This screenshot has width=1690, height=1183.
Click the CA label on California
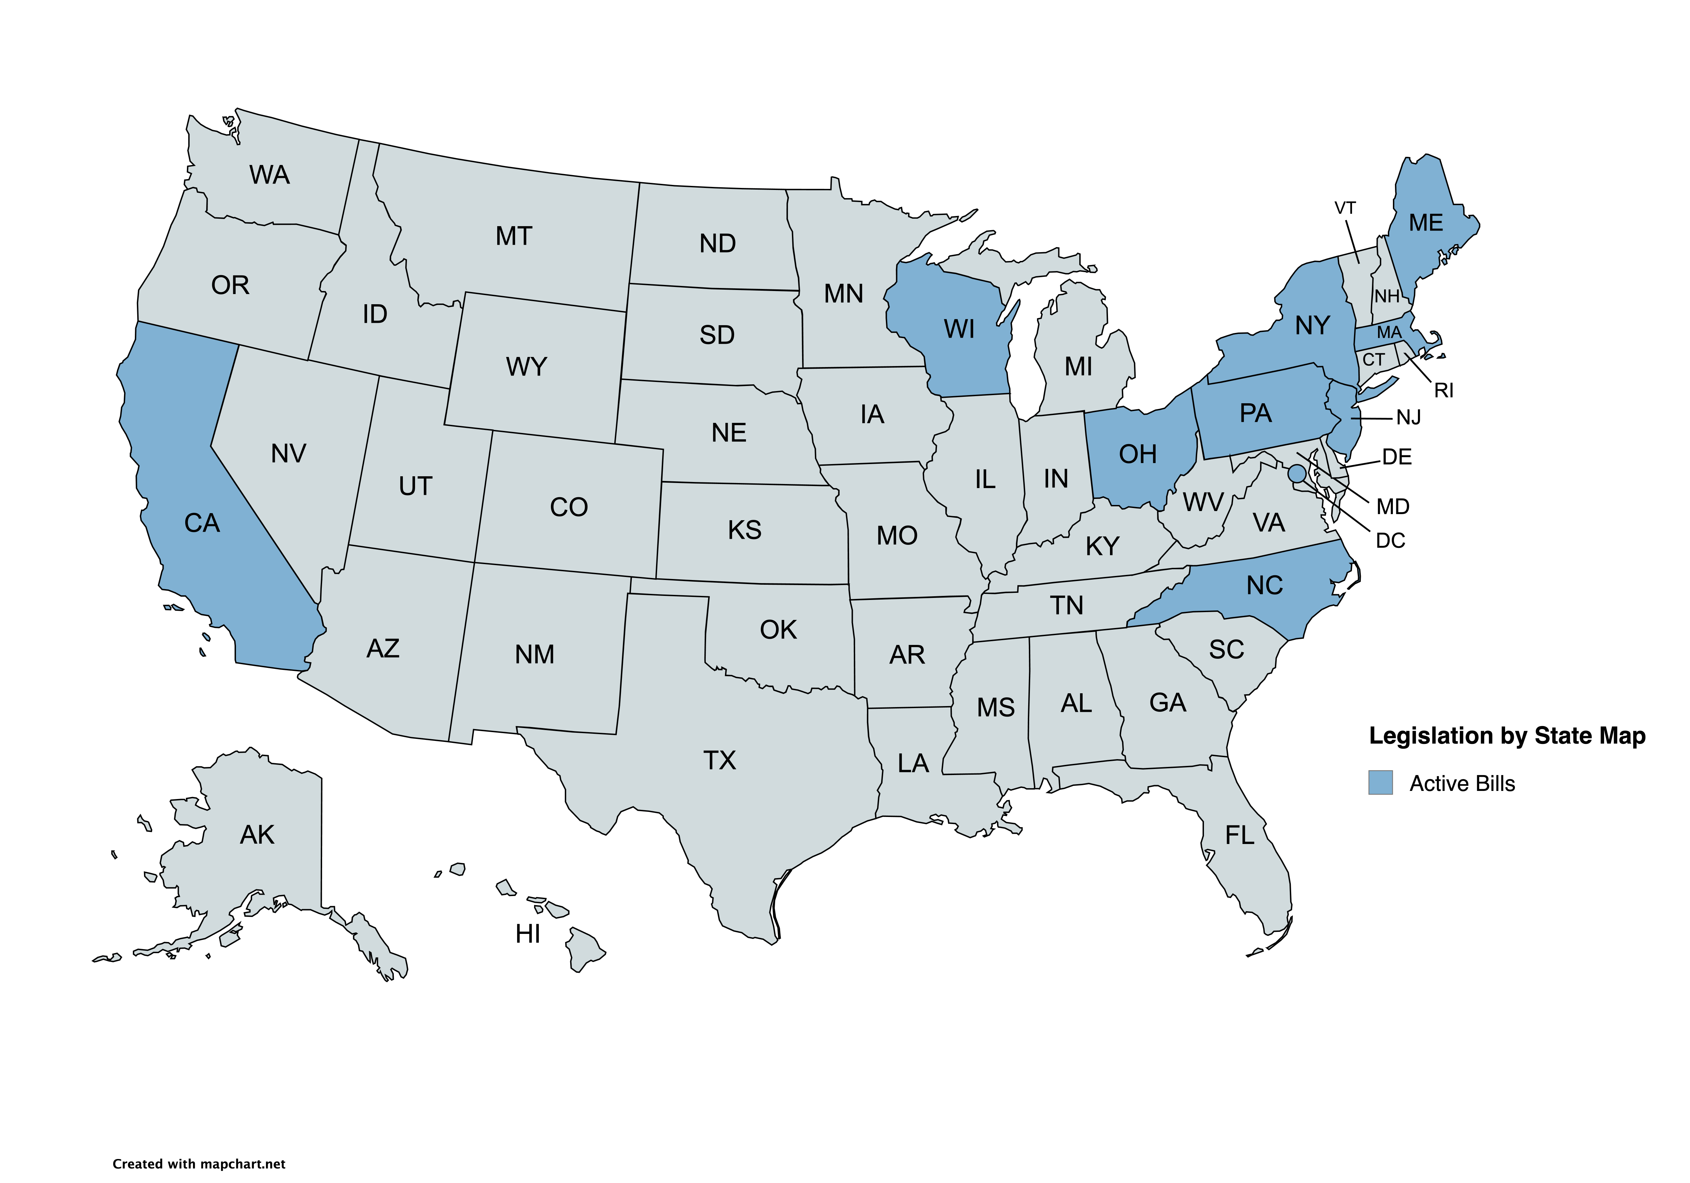[202, 523]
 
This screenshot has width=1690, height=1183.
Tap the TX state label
[719, 760]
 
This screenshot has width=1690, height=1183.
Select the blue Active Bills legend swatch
[1380, 782]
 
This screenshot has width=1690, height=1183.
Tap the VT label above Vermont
[1345, 208]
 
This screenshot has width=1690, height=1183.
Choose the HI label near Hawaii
[528, 934]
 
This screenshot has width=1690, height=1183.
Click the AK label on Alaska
[257, 835]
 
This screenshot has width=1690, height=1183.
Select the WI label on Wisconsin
[959, 329]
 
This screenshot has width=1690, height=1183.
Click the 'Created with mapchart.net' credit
[199, 1164]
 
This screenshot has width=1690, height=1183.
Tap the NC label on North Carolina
[1264, 585]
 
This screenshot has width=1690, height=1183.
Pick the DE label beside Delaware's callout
[1396, 457]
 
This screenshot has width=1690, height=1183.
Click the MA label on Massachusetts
[1389, 333]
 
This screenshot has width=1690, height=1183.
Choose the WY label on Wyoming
[526, 366]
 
